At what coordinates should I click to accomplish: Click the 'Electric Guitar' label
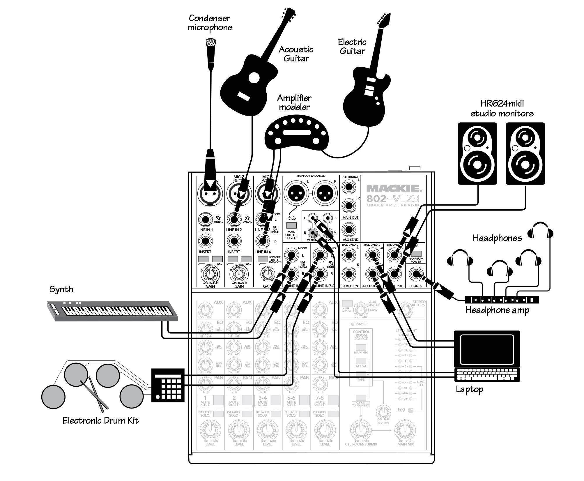pyautogui.click(x=352, y=47)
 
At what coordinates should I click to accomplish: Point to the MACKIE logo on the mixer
pyautogui.click(x=393, y=188)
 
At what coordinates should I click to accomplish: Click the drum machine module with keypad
pyautogui.click(x=168, y=385)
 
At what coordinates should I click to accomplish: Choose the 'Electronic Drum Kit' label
pyautogui.click(x=100, y=420)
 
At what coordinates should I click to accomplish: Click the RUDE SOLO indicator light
pyautogui.click(x=411, y=411)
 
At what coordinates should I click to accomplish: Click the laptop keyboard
pyautogui.click(x=487, y=375)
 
